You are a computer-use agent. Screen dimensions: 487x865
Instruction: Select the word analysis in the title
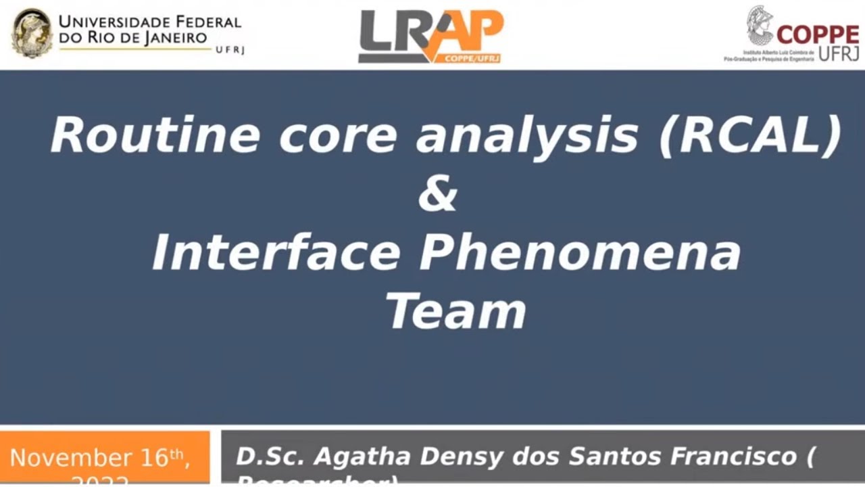527,135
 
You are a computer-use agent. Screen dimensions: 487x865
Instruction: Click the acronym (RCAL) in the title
750,135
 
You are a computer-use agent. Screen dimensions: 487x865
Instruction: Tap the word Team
455,312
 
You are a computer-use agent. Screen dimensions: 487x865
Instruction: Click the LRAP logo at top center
430,36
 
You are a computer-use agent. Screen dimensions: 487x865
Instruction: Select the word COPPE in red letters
818,34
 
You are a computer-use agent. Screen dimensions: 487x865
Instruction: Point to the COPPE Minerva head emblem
760,26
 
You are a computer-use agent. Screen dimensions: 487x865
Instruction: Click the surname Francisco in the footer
731,457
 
